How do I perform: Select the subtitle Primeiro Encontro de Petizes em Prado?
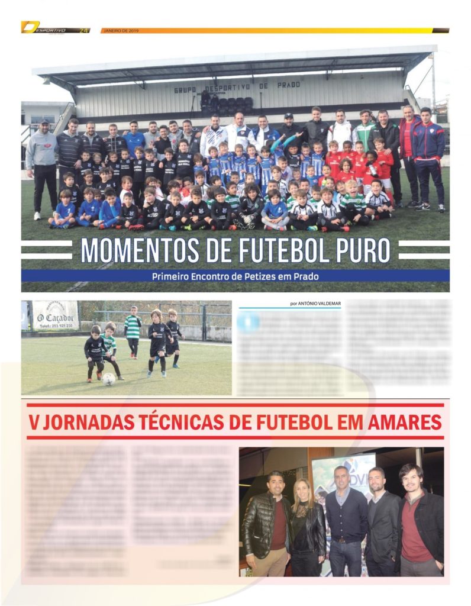coord(235,276)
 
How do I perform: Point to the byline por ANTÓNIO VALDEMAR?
coord(315,304)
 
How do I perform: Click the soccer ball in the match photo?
coord(109,379)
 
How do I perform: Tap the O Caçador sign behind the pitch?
coord(55,315)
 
